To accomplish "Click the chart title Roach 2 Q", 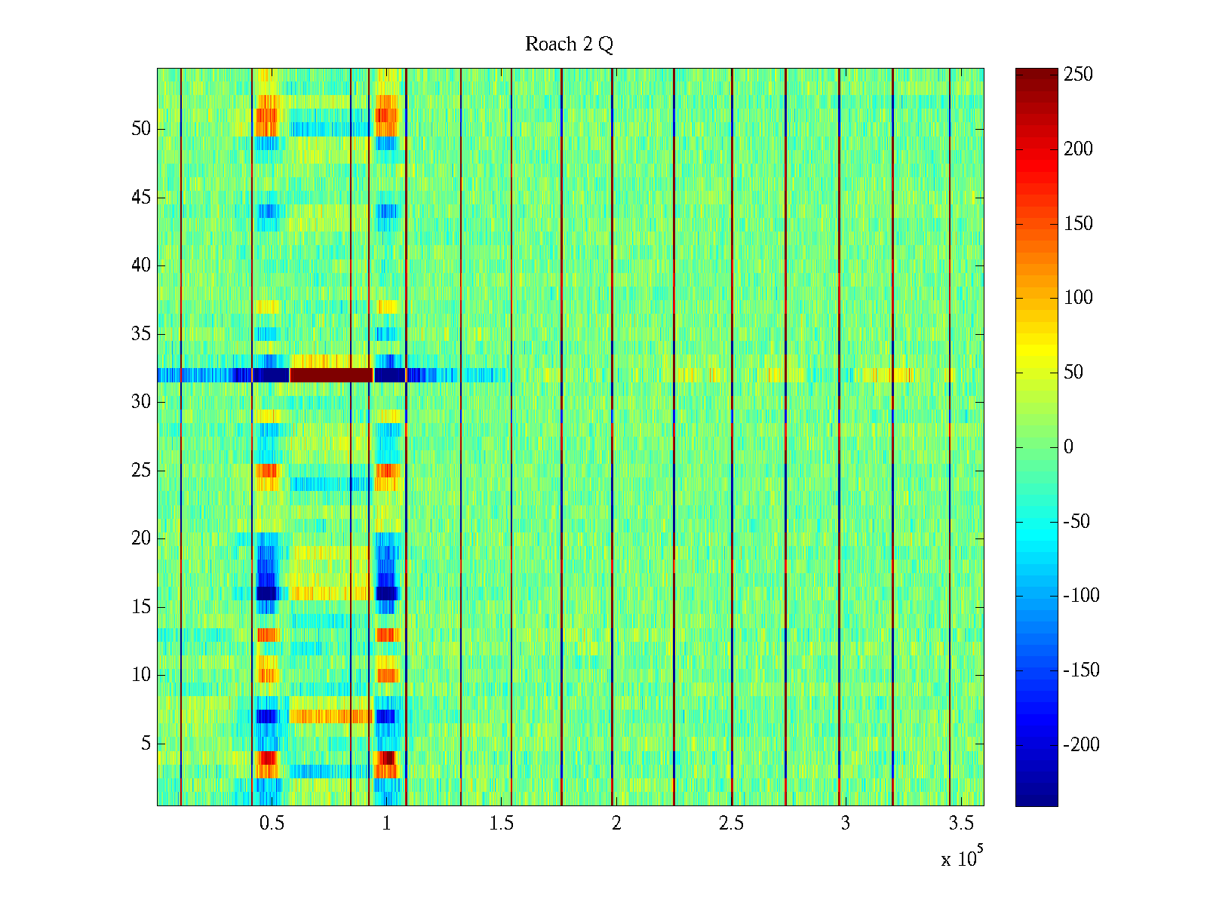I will pyautogui.click(x=569, y=44).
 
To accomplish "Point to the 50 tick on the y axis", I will pyautogui.click(x=141, y=129).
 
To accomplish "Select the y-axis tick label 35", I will pyautogui.click(x=141, y=334).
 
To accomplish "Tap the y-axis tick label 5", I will pyautogui.click(x=146, y=744).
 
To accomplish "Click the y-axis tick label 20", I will pyautogui.click(x=141, y=538).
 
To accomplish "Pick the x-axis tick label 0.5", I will pyautogui.click(x=272, y=824).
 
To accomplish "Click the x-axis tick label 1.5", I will pyautogui.click(x=501, y=824).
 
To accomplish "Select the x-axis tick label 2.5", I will pyautogui.click(x=731, y=824).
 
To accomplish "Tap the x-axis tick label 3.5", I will pyautogui.click(x=960, y=824).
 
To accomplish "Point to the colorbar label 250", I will pyautogui.click(x=1078, y=75).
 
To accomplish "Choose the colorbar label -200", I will pyautogui.click(x=1081, y=745).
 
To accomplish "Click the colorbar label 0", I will pyautogui.click(x=1068, y=447).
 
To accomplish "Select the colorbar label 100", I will pyautogui.click(x=1078, y=298).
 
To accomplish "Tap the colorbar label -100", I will pyautogui.click(x=1081, y=596).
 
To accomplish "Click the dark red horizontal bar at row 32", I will pyautogui.click(x=331, y=375).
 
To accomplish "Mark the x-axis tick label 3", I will pyautogui.click(x=845, y=824).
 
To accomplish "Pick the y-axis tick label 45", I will pyautogui.click(x=141, y=198).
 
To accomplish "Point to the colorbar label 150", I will pyautogui.click(x=1078, y=224).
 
